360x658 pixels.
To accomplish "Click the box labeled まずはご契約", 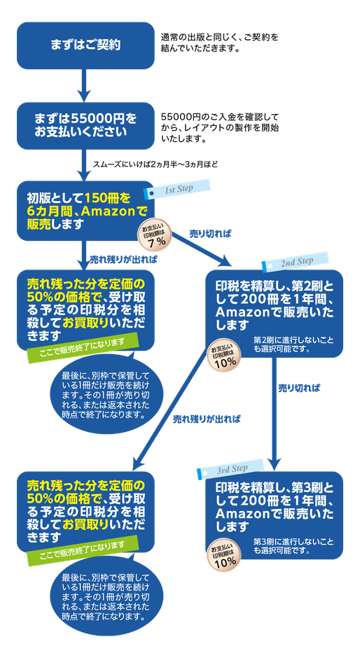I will point(85,45).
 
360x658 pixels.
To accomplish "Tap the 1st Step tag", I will point(177,191).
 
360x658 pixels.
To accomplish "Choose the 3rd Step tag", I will point(232,468).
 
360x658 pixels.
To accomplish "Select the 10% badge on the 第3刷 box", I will point(225,557).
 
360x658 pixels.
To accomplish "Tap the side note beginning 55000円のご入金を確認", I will point(220,126).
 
